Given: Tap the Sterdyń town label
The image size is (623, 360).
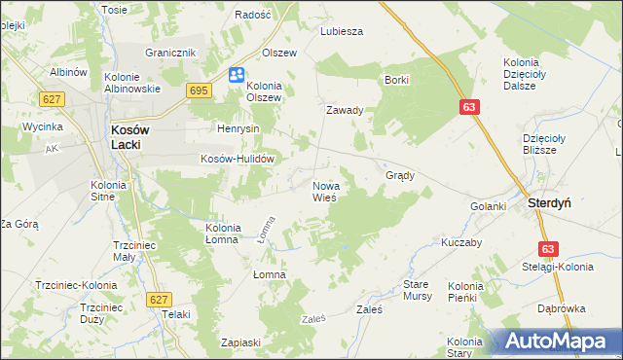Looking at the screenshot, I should point(548,204).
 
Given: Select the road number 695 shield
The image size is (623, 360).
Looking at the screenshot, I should point(199,90).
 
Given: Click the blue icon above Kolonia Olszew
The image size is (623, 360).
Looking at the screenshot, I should point(237,75).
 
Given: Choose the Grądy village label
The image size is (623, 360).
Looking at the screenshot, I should point(400,176).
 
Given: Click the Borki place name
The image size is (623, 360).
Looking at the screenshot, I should point(396,80).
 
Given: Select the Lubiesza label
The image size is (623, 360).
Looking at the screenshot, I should point(342,31).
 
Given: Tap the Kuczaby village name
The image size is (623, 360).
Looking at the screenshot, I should point(461,242).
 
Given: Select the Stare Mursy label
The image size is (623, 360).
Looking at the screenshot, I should point(418,289).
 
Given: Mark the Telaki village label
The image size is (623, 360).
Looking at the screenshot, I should point(176,314).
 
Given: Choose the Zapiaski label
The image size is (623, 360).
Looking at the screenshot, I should point(240,342).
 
